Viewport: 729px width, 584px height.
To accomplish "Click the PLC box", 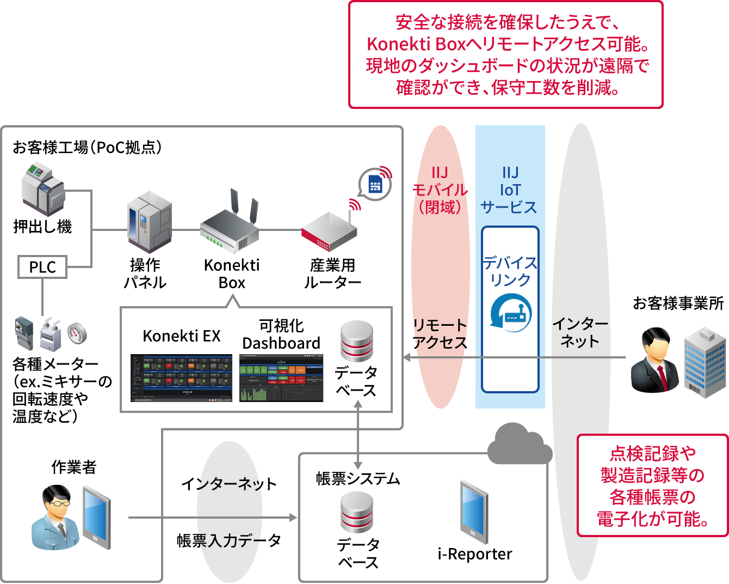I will click(42, 267).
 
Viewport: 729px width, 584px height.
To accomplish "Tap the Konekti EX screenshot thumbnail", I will click(181, 378).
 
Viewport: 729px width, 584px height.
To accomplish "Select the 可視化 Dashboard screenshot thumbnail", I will click(281, 378).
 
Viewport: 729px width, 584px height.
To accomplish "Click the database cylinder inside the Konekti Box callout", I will click(356, 341).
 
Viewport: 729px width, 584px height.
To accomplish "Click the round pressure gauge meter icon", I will click(77, 333).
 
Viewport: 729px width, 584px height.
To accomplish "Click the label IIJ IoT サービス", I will click(510, 190).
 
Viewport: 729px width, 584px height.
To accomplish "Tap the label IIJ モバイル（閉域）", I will click(440, 190).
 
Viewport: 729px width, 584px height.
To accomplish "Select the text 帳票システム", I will click(358, 479).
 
